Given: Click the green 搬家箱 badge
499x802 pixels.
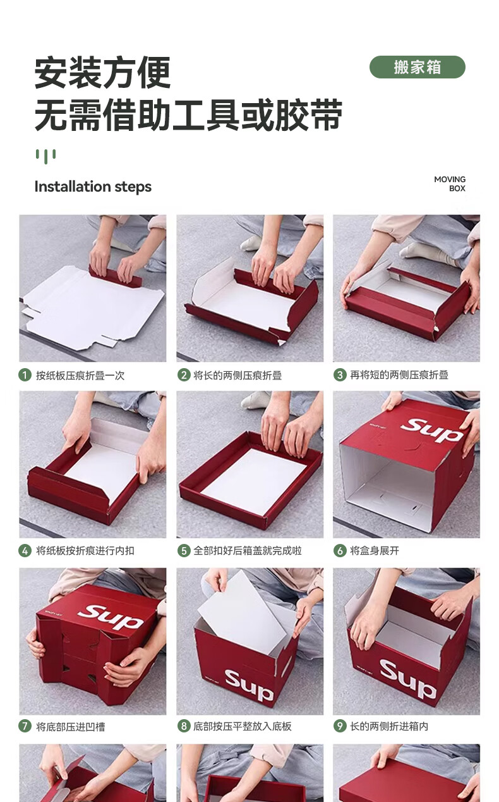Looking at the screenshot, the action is point(417,67).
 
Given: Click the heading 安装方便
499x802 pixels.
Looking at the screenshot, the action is point(102,73).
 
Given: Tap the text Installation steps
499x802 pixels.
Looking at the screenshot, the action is point(93,187).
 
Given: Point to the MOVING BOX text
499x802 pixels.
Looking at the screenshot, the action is point(450,183).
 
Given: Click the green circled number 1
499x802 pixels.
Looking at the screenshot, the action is point(25,375).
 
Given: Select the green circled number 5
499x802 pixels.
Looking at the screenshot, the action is point(184,550).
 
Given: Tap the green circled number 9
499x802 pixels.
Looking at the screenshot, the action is point(340,726).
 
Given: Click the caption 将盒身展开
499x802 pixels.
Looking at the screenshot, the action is point(374,550).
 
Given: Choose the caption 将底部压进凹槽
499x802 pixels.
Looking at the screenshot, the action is point(70,727).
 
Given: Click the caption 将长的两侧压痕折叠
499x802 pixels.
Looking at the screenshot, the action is point(237,375).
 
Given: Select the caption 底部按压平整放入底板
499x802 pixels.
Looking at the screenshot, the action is point(243,726).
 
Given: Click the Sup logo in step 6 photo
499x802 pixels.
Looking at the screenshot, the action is point(431,429).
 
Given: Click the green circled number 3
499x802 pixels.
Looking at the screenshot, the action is point(340,375).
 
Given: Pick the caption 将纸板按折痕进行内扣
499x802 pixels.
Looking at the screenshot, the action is point(85,550).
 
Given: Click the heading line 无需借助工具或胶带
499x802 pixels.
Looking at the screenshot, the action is point(188,114).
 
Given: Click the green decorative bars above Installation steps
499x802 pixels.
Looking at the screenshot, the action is point(45,156).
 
